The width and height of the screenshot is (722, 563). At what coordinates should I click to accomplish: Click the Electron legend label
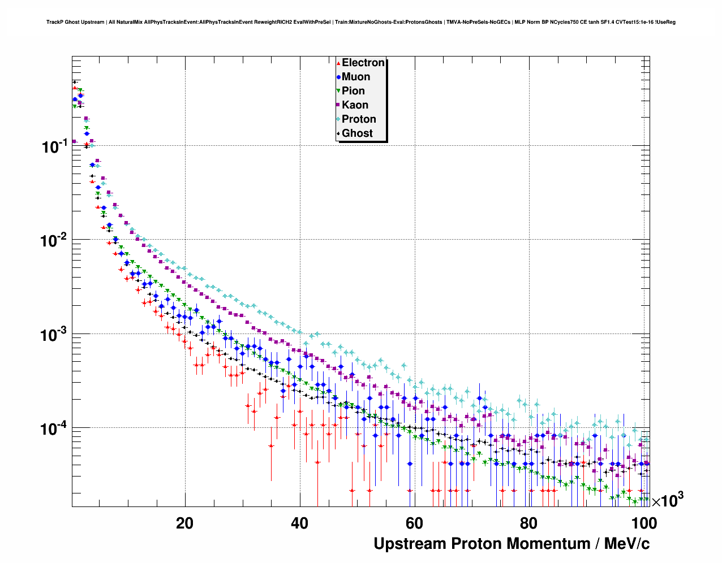[363, 63]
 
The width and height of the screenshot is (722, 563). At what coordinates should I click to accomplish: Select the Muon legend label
[356, 77]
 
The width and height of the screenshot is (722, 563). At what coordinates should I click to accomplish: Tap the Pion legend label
[353, 91]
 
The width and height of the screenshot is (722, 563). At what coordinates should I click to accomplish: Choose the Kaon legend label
[355, 105]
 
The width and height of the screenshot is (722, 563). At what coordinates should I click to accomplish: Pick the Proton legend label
[359, 119]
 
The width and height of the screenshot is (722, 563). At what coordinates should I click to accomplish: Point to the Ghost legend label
[357, 133]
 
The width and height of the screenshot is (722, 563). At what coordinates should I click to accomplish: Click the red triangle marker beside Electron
[338, 63]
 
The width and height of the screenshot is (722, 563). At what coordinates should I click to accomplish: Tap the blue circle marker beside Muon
[338, 77]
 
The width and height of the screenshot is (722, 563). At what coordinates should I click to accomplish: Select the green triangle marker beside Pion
[338, 91]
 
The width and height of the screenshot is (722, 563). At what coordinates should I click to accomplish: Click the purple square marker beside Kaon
[338, 105]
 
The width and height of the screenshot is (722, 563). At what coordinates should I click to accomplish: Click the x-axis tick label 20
[184, 523]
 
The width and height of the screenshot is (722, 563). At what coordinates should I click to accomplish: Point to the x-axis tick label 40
[299, 523]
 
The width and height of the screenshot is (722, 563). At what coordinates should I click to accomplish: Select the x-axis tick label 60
[414, 523]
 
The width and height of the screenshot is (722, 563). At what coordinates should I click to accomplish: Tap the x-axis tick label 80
[529, 523]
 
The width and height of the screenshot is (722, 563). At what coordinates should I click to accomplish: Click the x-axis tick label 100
[643, 523]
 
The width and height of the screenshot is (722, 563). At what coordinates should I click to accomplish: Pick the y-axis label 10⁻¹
[55, 146]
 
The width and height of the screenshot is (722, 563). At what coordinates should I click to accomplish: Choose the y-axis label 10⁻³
[55, 335]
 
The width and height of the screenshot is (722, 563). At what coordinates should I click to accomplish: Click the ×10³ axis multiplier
[667, 501]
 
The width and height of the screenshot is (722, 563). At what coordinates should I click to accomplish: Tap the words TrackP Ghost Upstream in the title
[75, 23]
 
